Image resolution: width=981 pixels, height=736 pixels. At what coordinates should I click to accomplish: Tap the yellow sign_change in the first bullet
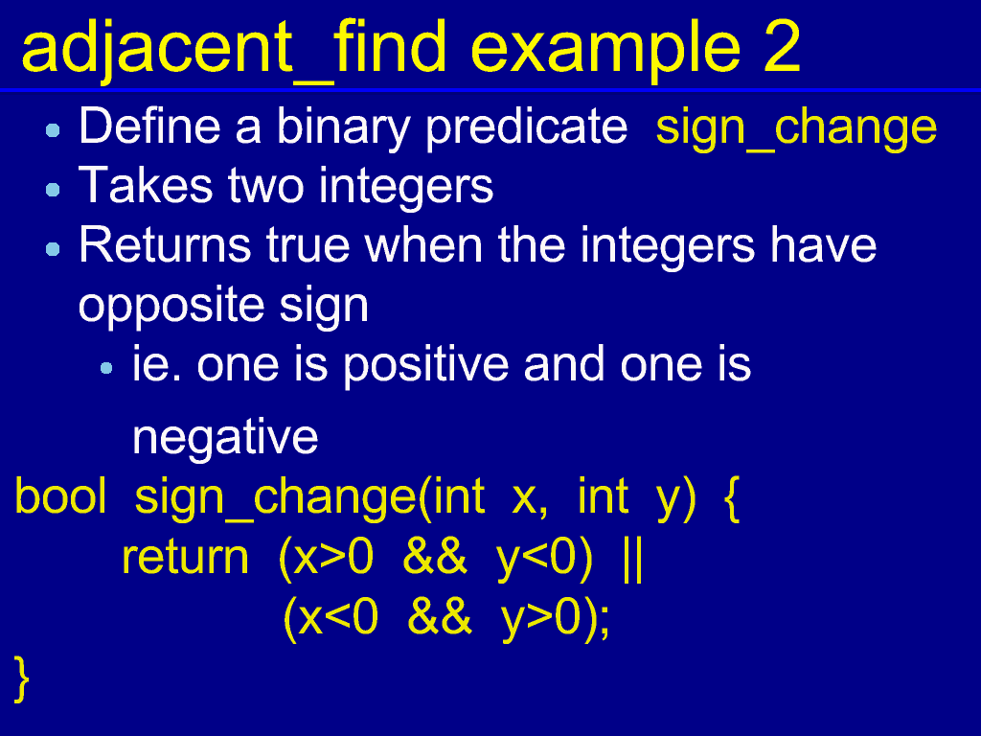point(796,128)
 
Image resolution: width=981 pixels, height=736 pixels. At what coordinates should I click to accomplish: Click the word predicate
point(526,127)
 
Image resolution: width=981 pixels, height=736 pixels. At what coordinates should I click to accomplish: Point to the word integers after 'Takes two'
point(406,187)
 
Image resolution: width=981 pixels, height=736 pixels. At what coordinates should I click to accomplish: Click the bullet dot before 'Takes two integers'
point(54,190)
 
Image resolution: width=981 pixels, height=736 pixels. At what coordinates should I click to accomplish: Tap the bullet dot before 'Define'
point(54,130)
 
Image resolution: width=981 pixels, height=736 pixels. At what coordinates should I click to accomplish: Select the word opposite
point(171,306)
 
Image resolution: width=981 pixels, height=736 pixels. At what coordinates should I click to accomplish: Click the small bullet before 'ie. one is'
point(106,368)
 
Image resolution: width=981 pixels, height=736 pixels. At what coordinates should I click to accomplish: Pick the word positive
point(426,365)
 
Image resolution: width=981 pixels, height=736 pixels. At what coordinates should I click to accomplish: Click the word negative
point(225,437)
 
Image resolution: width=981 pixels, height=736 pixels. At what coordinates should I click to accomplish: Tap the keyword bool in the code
point(60,496)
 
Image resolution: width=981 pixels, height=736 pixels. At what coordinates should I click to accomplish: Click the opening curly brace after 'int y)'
point(733,498)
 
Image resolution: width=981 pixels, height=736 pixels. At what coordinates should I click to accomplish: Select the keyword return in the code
point(185,557)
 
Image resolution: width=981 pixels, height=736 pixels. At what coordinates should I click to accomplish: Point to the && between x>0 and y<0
point(435,557)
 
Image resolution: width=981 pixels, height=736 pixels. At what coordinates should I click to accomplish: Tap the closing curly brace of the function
point(22,678)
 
